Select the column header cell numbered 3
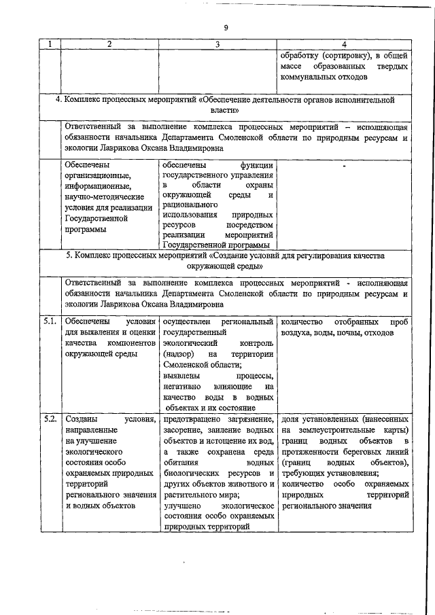pos(217,44)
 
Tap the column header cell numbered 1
pos(49,44)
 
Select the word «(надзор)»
pos(179,354)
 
